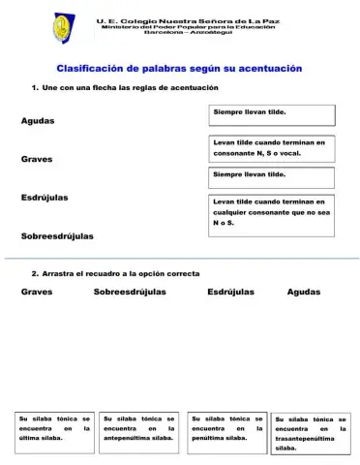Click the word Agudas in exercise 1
[x=38, y=121]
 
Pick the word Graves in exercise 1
[x=37, y=159]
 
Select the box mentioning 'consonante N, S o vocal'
[x=272, y=147]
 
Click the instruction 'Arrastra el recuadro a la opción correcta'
[x=115, y=274]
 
